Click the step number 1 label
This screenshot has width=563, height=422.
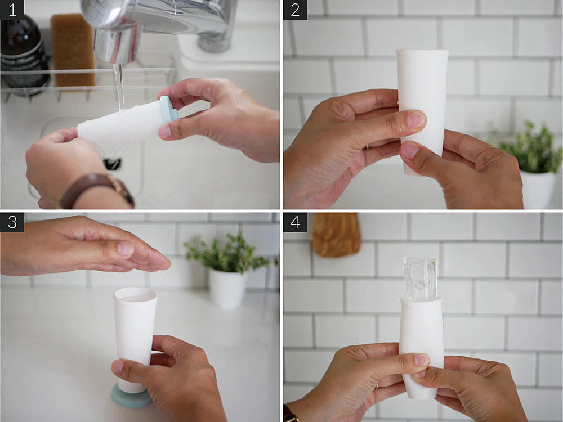[12, 10]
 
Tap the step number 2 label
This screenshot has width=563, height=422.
[295, 10]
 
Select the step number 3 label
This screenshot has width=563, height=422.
[12, 222]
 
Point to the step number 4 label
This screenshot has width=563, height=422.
[295, 222]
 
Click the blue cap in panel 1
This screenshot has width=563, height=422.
[168, 110]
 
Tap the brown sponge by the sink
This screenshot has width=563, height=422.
[73, 50]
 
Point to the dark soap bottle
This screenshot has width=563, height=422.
[23, 54]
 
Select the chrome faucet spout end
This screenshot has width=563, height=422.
[116, 47]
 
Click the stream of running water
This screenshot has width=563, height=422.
[119, 87]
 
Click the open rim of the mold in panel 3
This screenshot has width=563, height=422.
[135, 295]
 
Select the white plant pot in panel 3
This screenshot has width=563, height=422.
[227, 289]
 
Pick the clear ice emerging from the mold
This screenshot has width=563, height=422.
[419, 278]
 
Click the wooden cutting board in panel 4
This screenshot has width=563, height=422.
[336, 235]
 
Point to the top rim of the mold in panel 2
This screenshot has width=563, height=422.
[422, 52]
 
